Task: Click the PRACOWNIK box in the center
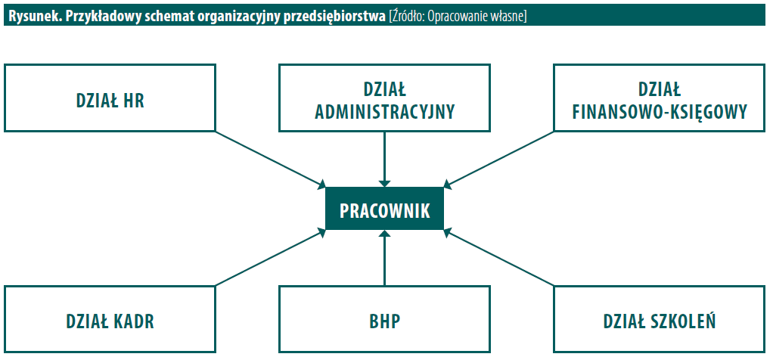click(384, 209)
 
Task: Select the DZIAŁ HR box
click(110, 98)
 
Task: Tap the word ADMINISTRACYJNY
click(384, 113)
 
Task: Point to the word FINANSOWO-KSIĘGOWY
click(660, 113)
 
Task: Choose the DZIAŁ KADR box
click(110, 319)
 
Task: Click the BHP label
click(384, 321)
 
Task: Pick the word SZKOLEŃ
click(688, 321)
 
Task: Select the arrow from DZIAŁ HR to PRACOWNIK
click(271, 160)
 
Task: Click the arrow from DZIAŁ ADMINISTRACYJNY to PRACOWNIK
click(384, 160)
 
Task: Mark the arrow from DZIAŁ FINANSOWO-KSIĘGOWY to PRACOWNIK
click(498, 160)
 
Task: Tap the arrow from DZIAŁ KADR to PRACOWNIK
click(271, 258)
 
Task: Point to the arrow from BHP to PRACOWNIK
click(384, 258)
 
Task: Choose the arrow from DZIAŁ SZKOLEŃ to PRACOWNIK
click(498, 258)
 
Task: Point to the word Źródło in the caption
click(407, 17)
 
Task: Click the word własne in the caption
click(509, 17)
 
